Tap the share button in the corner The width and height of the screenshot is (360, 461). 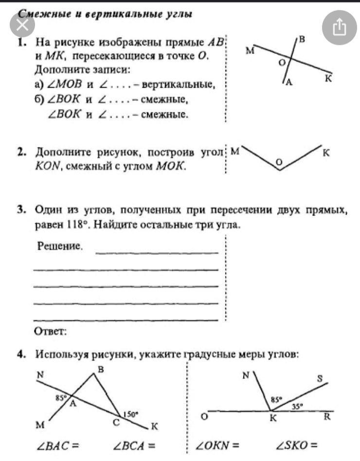[x=340, y=28]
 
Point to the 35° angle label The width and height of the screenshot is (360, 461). [x=297, y=405]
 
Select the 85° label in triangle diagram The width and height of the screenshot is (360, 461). [x=61, y=397]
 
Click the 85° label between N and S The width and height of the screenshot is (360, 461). [x=276, y=400]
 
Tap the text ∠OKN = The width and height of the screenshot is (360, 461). [x=217, y=444]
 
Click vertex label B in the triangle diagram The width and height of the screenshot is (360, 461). [x=101, y=370]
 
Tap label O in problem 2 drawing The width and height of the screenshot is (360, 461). [x=279, y=161]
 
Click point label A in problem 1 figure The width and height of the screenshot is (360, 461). [x=288, y=83]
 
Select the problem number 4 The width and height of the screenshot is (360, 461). [x=20, y=354]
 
